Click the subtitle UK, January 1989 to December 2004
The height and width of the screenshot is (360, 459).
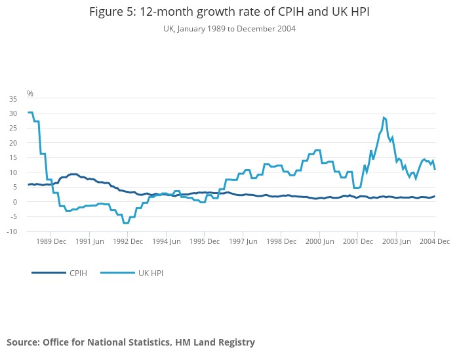(x=229, y=29)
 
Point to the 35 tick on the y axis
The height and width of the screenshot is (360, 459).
(x=13, y=99)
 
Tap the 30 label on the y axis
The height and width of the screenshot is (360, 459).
(x=13, y=113)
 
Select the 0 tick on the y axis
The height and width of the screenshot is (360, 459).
(x=15, y=202)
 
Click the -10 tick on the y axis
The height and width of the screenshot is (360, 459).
(x=12, y=231)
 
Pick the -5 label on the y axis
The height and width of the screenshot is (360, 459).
(x=13, y=216)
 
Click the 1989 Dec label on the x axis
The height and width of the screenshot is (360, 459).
(x=50, y=241)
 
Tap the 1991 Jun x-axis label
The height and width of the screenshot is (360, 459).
(x=89, y=241)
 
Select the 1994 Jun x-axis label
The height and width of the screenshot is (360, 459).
(x=166, y=241)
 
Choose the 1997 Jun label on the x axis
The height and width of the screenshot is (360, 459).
(x=243, y=241)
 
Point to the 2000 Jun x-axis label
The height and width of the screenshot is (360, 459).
(x=319, y=241)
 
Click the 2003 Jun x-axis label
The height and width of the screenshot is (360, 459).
(x=396, y=241)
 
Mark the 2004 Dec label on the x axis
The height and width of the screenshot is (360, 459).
(x=435, y=241)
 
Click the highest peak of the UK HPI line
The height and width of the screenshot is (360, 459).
(x=384, y=118)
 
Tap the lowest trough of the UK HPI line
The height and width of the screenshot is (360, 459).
(x=125, y=223)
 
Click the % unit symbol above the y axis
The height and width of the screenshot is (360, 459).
(x=30, y=94)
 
